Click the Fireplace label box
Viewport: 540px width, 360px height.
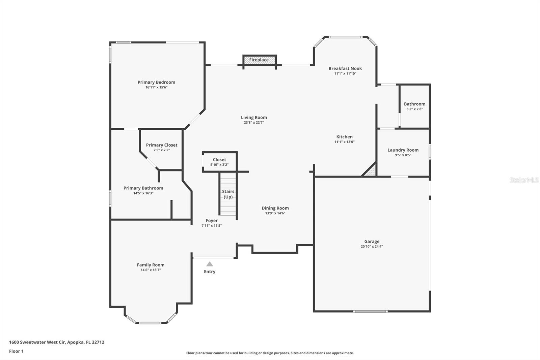click(259, 60)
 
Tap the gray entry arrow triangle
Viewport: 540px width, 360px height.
click(210, 264)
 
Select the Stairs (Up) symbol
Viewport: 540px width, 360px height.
click(228, 194)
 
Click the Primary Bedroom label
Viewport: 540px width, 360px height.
click(156, 82)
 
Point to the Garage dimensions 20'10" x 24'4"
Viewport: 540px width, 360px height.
click(372, 247)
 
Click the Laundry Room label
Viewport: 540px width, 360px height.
click(403, 150)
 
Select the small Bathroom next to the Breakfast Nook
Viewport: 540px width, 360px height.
click(414, 106)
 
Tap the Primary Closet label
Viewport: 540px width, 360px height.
click(161, 145)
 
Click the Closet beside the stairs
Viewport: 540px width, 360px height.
click(219, 162)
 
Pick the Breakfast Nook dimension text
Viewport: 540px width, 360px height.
click(345, 74)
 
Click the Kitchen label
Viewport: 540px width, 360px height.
click(344, 137)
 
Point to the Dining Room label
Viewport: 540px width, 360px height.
click(275, 208)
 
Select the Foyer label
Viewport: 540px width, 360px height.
click(212, 221)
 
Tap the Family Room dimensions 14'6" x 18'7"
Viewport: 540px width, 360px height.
click(151, 270)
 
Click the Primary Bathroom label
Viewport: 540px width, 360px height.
click(143, 188)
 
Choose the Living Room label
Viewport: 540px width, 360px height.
click(254, 118)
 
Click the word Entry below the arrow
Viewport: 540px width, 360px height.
click(210, 272)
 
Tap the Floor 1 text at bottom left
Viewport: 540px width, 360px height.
click(16, 351)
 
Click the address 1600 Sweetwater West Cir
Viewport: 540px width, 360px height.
click(37, 342)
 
